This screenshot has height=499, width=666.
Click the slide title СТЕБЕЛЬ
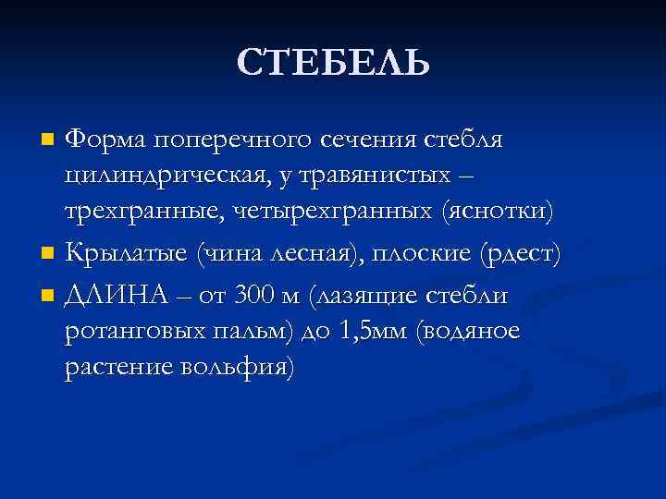point(333,63)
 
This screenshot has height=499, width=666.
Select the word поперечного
point(232,140)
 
